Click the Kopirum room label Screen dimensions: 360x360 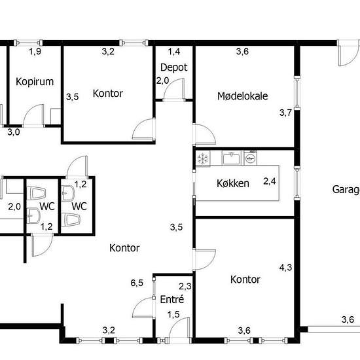click(34, 82)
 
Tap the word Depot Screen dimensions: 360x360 click(174, 67)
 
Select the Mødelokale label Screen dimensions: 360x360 click(242, 96)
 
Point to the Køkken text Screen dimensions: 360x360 click(233, 183)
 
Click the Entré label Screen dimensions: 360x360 click(172, 299)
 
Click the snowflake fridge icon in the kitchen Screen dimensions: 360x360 click(203, 158)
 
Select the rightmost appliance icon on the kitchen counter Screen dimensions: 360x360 click(249, 158)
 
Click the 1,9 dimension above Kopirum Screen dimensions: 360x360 click(35, 51)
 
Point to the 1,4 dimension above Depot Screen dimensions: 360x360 click(174, 51)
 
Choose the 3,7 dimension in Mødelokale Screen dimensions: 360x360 click(285, 113)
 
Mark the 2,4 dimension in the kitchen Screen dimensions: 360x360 click(270, 181)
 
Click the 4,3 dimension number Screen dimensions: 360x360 click(285, 267)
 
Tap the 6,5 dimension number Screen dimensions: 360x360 click(137, 283)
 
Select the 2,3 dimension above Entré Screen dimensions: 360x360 click(185, 285)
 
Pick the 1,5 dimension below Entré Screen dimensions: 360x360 click(173, 315)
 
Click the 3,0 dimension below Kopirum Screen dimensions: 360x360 click(13, 132)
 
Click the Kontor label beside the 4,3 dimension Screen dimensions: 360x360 click(245, 279)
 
